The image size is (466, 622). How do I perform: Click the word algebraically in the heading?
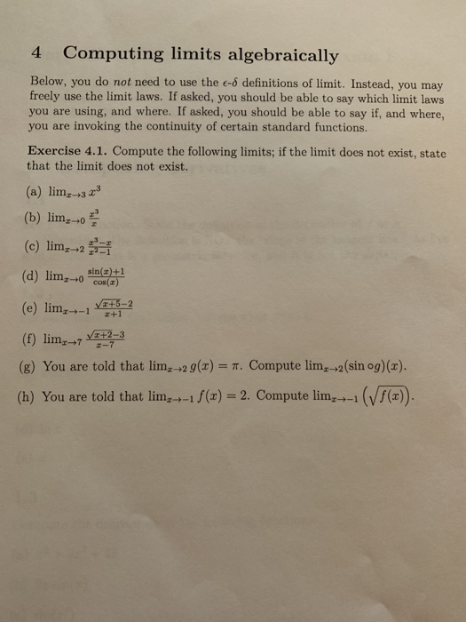tap(280, 56)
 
